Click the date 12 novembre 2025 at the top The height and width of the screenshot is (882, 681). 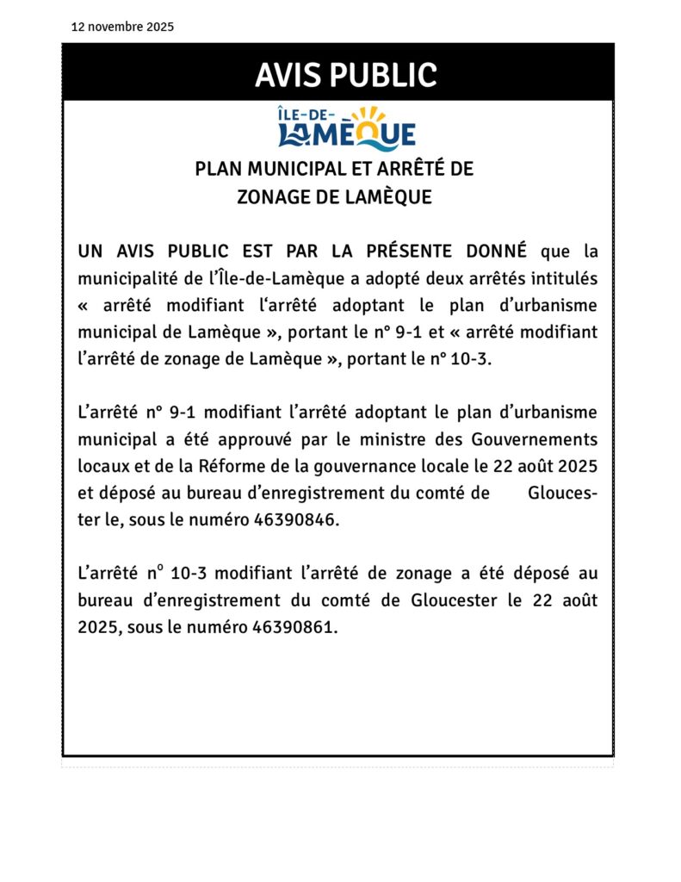[122, 27]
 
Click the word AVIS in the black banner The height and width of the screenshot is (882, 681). [290, 75]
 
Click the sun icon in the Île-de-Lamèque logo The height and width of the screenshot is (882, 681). [369, 115]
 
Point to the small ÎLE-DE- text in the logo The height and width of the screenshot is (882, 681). [307, 113]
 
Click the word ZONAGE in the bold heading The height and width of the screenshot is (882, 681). [273, 197]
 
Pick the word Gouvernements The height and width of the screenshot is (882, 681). [535, 439]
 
